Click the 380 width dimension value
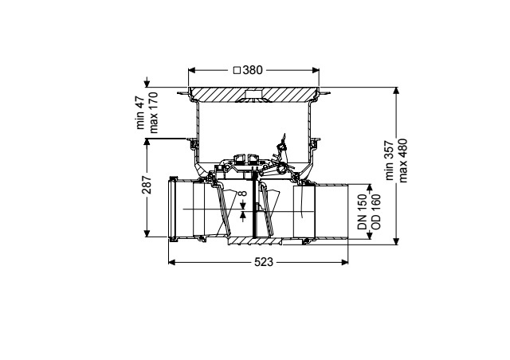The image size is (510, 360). (253, 70)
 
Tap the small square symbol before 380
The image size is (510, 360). (237, 70)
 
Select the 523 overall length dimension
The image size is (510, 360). (264, 262)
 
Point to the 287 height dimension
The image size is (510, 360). (147, 185)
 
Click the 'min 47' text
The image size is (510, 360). (140, 112)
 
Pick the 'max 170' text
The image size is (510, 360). (153, 112)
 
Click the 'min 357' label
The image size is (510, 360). (390, 160)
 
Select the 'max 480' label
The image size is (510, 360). (402, 160)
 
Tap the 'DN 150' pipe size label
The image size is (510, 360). (363, 212)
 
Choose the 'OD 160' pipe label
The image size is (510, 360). (375, 212)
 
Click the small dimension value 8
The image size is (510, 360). (243, 194)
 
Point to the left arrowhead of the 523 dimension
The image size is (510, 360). (172, 262)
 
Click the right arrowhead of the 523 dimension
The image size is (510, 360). (345, 262)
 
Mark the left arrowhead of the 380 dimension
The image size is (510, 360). (192, 70)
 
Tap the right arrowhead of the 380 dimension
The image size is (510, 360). (316, 70)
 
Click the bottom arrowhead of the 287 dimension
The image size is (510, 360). (147, 233)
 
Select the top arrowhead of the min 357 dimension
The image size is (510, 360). (396, 91)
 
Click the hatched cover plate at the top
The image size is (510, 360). (253, 94)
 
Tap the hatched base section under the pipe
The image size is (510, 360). (255, 241)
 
